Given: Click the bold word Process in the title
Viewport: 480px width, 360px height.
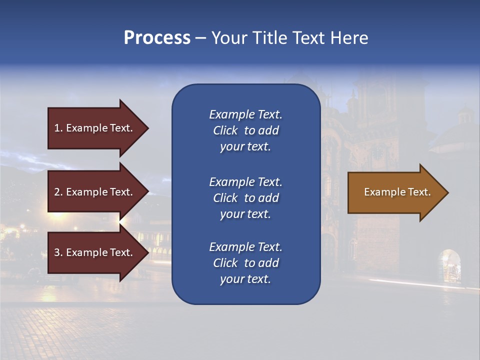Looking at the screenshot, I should [157, 37].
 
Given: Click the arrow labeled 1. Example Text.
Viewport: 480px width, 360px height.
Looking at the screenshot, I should [95, 128].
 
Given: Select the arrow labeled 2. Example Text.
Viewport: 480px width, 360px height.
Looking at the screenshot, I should [95, 192].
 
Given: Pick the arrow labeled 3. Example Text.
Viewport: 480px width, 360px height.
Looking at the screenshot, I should [95, 252].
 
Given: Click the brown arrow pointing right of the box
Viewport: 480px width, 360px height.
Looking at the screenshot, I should [395, 192].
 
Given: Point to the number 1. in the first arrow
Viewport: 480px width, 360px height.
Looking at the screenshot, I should [58, 128].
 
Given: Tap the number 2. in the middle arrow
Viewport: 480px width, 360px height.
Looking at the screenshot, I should [58, 192].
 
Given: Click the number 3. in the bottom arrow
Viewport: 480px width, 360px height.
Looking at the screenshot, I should [58, 252].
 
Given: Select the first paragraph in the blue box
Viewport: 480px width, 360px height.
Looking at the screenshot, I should [245, 130].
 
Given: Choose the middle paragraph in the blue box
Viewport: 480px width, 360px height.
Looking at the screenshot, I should [245, 198].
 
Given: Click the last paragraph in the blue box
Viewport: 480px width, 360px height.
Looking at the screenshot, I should [245, 263].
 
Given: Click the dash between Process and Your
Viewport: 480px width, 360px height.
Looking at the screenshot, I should [200, 38].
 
